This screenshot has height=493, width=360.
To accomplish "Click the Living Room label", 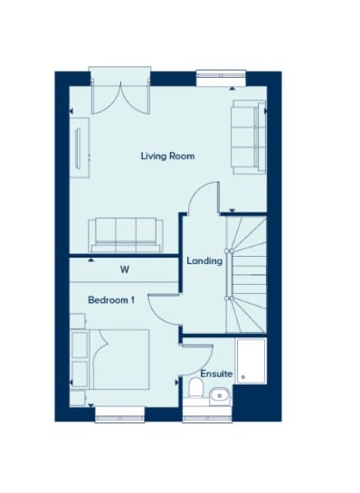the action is point(167,156).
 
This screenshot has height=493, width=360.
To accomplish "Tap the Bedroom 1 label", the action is point(111,300).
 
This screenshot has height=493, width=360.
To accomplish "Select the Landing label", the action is point(204,261).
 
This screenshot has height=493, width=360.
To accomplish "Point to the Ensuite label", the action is point(216,374).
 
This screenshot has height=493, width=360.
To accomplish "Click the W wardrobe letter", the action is point(125,270).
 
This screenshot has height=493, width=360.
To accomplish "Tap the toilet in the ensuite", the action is point(196,389).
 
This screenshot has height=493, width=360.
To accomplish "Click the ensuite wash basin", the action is point(220,395).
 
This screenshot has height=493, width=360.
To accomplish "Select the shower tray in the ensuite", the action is point(251,361).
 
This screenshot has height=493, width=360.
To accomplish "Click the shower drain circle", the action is point(242,376).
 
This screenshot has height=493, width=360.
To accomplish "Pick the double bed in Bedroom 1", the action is point(118,359).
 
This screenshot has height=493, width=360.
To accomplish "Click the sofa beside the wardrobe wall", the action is point(126,234).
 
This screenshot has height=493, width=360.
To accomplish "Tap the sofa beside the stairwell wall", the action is point(249,137).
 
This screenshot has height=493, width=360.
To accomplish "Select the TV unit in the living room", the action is point(79,147).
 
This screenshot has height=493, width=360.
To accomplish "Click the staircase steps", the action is point(246,274).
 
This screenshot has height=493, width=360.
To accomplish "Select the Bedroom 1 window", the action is point(119,415).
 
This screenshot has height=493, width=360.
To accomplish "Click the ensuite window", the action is point(207,415).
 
